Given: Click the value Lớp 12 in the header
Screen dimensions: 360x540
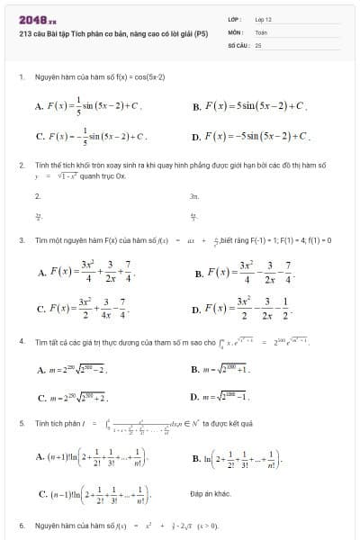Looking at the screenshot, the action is click(262, 19).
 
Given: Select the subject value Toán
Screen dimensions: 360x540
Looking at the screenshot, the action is click(261, 31).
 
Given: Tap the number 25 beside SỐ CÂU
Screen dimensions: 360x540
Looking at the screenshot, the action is click(258, 44).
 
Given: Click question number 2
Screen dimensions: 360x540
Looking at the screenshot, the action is click(21, 166).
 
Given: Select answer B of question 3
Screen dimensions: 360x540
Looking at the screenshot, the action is click(244, 272).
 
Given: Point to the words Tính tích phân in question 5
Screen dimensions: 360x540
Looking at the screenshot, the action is click(55, 421).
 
